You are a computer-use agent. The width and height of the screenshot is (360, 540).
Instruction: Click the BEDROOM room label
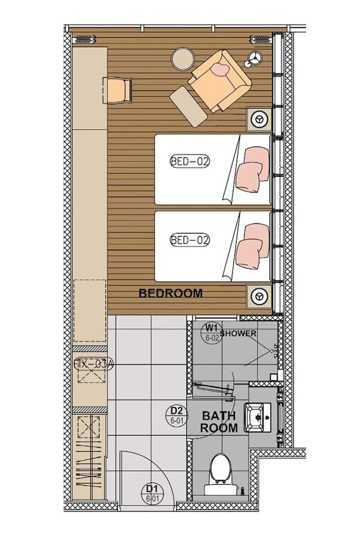[x=170, y=293]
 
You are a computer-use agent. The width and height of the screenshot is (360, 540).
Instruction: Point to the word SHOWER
[x=238, y=333]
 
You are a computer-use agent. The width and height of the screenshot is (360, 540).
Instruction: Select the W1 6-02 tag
[x=212, y=331]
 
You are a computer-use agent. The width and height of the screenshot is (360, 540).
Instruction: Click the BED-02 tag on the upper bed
[x=190, y=161]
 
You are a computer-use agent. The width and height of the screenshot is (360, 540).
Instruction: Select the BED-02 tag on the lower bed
[x=190, y=239]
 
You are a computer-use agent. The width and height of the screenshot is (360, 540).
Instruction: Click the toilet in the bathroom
[x=221, y=473]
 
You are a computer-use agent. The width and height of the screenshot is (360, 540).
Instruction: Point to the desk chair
[x=118, y=90]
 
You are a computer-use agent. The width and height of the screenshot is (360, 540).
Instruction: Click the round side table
[x=182, y=58]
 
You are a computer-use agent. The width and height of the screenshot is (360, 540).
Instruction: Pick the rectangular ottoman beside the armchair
[x=189, y=106]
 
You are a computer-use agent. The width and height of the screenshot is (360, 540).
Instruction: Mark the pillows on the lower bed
[x=252, y=244]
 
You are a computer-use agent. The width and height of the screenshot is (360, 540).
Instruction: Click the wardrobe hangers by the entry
[x=90, y=456]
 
